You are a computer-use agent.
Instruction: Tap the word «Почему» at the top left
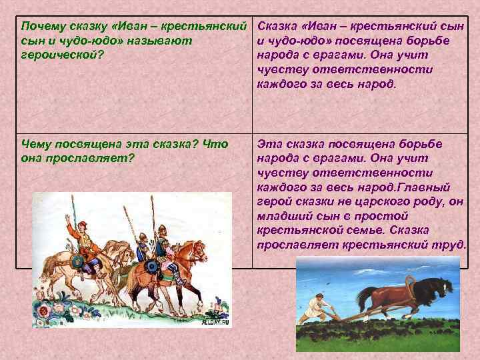click(x=40, y=27)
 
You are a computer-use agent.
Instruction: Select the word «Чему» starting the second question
click(x=37, y=144)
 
